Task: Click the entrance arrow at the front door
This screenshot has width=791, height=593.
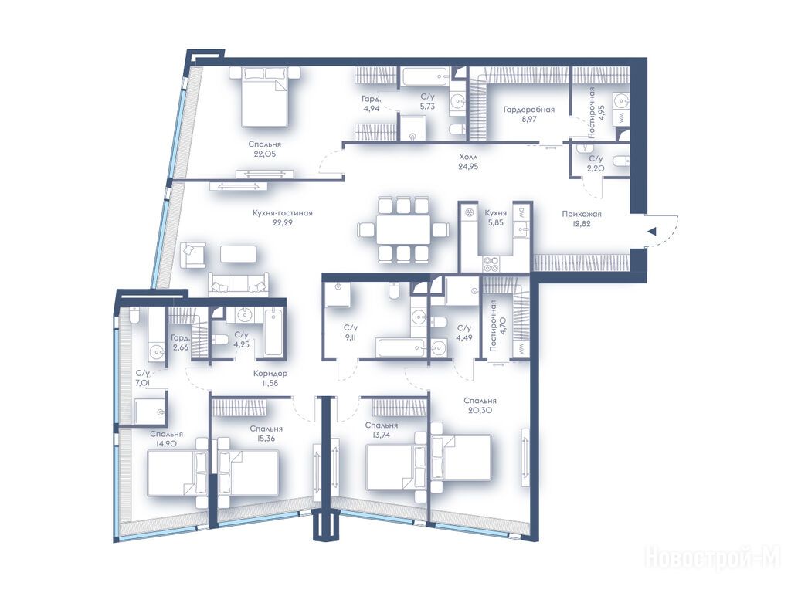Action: point(652,232)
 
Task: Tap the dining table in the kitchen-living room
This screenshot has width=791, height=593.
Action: point(402,229)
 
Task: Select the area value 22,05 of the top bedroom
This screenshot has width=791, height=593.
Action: point(265,154)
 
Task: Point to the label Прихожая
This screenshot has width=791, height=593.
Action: point(582,214)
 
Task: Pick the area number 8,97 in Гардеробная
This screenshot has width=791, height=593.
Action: point(529,119)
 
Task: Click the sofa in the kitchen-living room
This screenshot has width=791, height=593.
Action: point(239,285)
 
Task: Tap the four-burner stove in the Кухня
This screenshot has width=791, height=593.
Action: point(491,264)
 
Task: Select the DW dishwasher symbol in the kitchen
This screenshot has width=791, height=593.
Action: point(521,213)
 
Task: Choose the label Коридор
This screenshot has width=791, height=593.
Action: point(271,374)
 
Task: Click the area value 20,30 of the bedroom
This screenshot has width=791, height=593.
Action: point(480,411)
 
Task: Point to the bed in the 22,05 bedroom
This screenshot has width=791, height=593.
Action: point(264,98)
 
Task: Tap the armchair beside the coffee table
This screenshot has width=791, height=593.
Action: point(194,254)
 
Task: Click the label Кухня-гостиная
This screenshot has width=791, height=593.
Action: point(283,213)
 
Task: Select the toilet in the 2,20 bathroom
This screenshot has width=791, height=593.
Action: point(620,161)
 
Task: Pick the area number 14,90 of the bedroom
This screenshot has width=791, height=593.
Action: point(167,444)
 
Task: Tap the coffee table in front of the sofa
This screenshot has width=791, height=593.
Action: point(238,253)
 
